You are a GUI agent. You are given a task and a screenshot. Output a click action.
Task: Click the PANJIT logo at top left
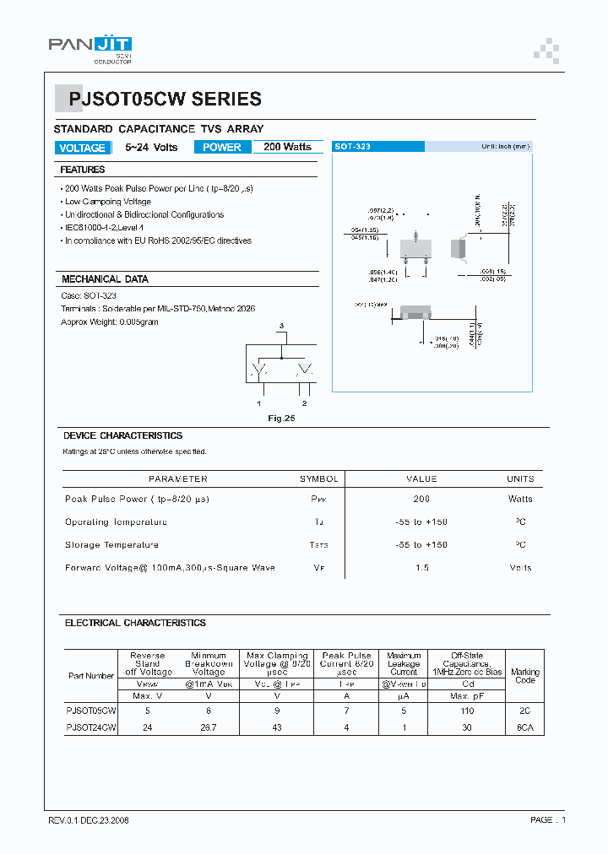[90, 47]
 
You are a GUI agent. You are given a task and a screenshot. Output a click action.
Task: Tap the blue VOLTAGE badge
[82, 148]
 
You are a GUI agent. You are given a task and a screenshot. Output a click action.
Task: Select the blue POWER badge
[222, 148]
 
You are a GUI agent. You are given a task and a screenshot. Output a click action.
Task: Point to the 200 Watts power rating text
[287, 147]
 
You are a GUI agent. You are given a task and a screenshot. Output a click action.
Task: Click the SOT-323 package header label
[352, 147]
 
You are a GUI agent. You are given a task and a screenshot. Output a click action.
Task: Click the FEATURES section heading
[83, 170]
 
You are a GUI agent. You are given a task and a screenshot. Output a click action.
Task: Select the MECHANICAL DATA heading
[105, 279]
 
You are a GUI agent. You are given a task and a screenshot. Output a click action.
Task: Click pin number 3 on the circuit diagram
[282, 326]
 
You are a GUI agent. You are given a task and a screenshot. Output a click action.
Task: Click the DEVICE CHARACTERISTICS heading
[122, 436]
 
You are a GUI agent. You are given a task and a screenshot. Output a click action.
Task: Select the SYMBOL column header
[318, 479]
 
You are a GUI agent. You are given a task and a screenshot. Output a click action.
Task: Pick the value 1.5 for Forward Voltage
[421, 568]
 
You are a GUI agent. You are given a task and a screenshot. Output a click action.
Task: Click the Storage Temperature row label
[111, 545]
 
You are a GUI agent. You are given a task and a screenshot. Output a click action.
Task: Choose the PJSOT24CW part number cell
[90, 727]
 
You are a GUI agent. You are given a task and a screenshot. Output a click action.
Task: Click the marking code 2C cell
[524, 711]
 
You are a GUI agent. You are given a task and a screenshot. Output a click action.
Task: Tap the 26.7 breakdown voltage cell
[209, 727]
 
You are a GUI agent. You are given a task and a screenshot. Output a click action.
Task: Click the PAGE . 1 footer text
[548, 819]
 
